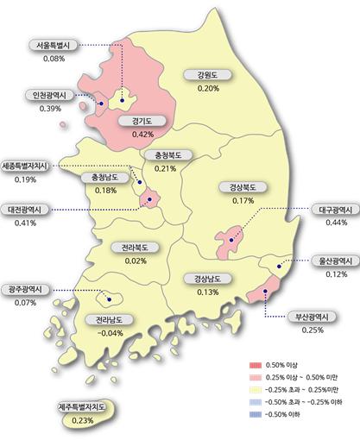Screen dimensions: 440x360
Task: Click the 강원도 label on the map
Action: (207, 75)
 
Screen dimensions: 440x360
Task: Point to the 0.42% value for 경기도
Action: (142, 135)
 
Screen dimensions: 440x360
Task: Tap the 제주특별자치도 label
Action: (83, 406)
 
